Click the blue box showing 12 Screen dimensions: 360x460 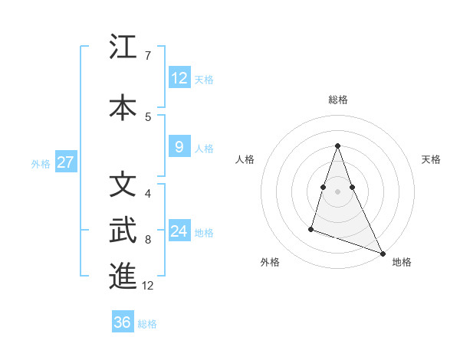(179, 78)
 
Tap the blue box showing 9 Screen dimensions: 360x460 (179, 148)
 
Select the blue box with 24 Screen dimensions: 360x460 (179, 231)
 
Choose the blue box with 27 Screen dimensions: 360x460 (66, 162)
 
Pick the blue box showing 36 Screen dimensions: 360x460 (123, 322)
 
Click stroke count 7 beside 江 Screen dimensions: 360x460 (147, 56)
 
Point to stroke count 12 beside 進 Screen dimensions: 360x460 (148, 286)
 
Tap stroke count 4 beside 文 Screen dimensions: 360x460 (147, 194)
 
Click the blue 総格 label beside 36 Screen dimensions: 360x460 (147, 324)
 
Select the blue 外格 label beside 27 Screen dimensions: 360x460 (41, 163)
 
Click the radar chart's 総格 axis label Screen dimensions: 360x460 (338, 100)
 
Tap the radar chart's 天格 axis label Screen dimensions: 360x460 (431, 159)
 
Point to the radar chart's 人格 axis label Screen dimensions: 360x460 (245, 159)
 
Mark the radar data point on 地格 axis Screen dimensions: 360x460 (383, 253)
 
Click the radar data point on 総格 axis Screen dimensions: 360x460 (338, 146)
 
